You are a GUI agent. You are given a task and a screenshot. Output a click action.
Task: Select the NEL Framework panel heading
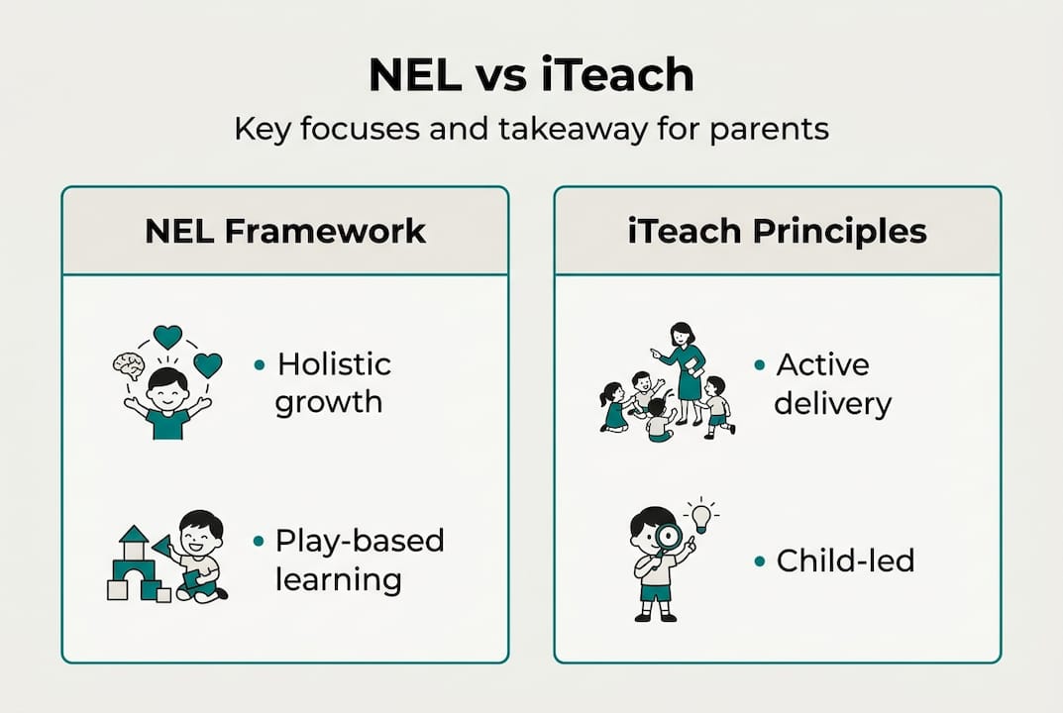tap(285, 231)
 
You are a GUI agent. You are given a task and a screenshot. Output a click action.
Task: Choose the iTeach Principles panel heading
tap(778, 231)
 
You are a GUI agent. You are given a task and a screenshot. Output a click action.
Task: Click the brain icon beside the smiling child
tap(129, 365)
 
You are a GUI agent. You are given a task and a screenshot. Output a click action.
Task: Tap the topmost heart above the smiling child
tap(167, 337)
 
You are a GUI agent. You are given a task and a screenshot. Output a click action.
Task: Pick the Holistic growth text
tap(333, 383)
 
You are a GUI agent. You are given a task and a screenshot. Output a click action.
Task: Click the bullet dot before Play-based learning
tap(260, 542)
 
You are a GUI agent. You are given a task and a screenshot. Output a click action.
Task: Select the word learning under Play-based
tap(338, 579)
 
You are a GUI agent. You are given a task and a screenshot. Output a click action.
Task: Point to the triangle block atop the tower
tap(133, 535)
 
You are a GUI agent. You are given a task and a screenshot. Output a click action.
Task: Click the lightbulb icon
tap(701, 515)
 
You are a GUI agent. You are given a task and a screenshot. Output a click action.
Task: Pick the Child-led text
tap(845, 560)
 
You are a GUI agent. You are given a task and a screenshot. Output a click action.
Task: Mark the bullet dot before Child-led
tap(760, 561)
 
